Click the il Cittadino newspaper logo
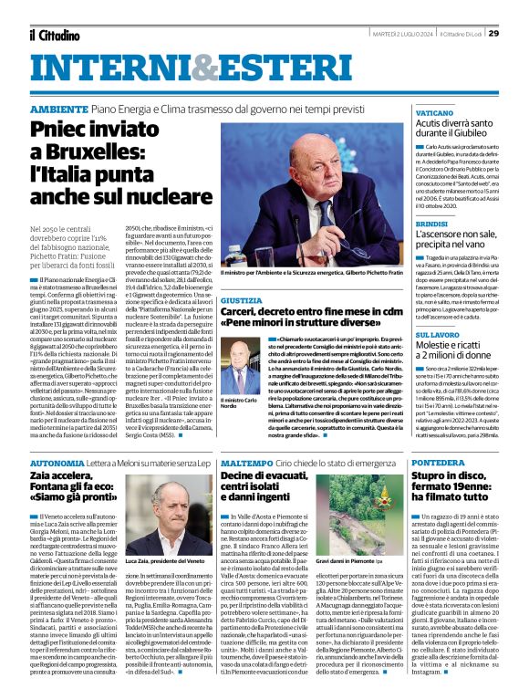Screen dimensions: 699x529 pyautogui.click(x=54, y=35)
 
